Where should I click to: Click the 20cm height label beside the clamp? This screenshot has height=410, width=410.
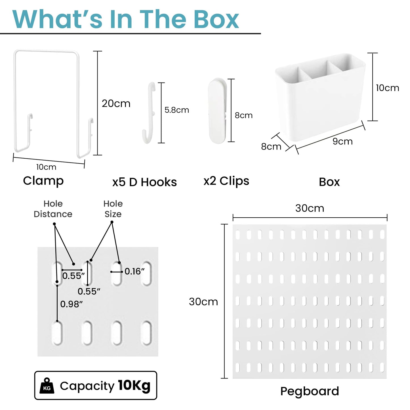click(x=116, y=103)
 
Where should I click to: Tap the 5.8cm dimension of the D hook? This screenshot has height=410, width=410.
click(x=176, y=110)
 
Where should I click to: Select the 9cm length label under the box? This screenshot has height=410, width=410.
click(x=342, y=141)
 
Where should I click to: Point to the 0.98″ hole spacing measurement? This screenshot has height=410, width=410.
click(x=71, y=304)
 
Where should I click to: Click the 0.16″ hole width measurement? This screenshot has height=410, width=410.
click(x=134, y=271)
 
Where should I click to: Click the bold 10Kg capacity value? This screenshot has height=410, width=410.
click(x=134, y=386)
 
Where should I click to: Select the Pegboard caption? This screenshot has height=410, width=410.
click(x=310, y=391)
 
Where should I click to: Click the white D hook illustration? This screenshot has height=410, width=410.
click(x=148, y=113)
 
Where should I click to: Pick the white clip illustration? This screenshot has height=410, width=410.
click(x=217, y=111)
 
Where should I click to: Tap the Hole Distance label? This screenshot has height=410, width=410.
click(x=53, y=209)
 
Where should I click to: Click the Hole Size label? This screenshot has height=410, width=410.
click(x=113, y=209)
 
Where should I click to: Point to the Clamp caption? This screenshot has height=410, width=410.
click(x=43, y=181)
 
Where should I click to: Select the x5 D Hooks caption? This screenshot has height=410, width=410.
click(x=144, y=182)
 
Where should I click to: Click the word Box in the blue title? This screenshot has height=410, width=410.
click(x=216, y=20)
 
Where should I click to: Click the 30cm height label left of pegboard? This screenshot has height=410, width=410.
click(x=203, y=302)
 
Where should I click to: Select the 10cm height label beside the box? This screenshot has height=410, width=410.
click(x=388, y=88)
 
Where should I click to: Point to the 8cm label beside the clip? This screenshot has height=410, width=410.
click(x=244, y=115)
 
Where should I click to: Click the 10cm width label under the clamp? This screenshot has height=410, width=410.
click(x=46, y=167)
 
